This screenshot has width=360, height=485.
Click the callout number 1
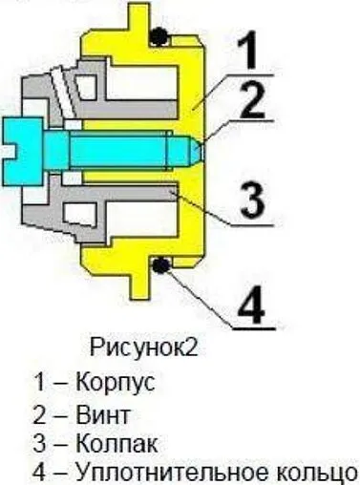click(x=245, y=50)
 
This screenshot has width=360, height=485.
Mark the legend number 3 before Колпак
click(x=40, y=443)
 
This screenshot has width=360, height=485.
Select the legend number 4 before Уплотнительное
click(x=40, y=472)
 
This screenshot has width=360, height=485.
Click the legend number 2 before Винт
click(x=40, y=413)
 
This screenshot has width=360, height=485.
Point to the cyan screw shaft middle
click(x=124, y=149)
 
